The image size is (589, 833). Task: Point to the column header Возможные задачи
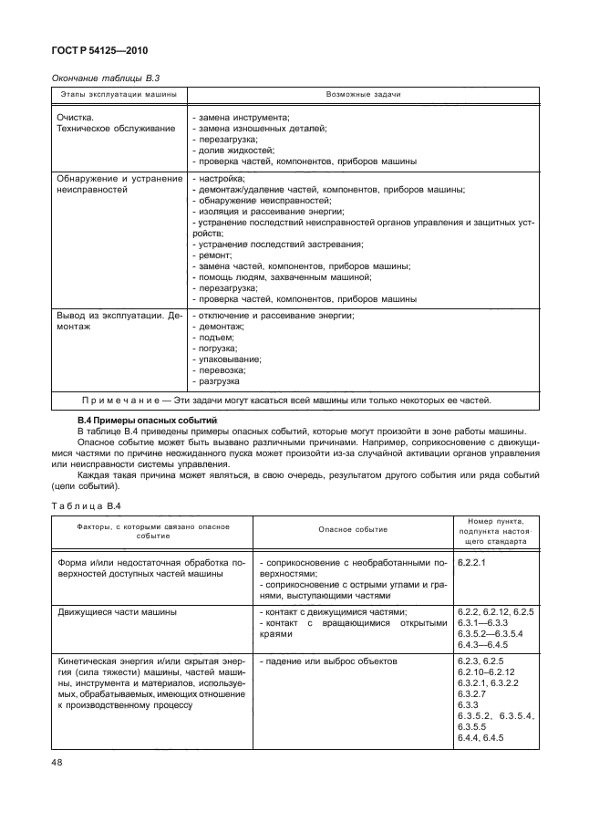(363, 94)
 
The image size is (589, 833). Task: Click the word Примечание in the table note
(121, 400)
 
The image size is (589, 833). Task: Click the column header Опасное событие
(353, 529)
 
